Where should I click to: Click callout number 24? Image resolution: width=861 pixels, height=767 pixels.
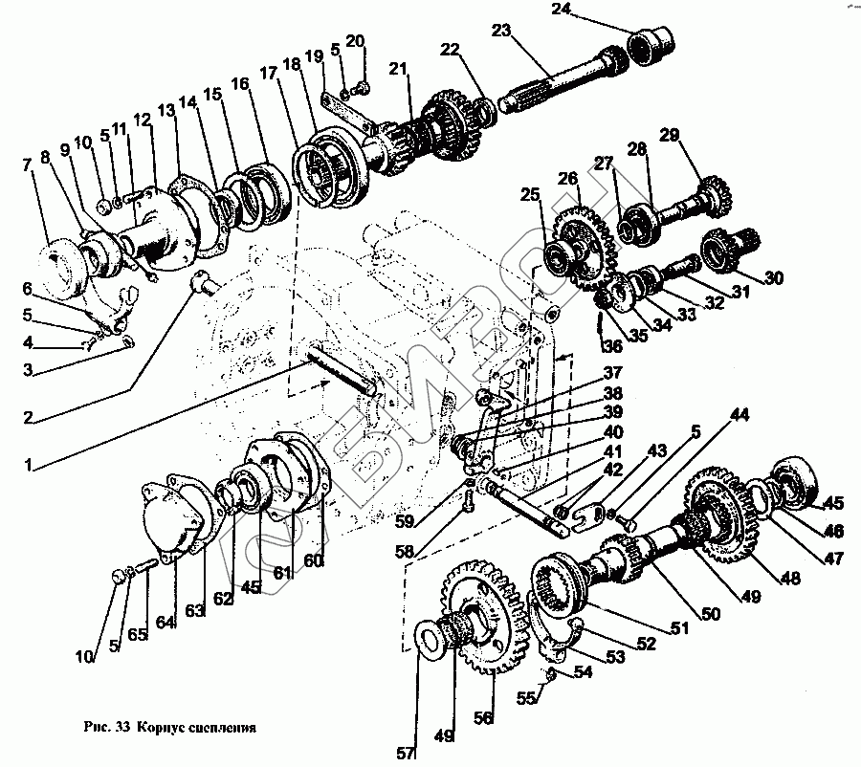562,10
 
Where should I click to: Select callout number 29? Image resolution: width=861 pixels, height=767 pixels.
670,135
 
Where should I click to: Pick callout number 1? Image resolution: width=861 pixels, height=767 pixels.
29,466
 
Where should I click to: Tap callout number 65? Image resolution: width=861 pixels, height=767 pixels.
138,635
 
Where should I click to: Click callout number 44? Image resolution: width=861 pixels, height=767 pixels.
740,414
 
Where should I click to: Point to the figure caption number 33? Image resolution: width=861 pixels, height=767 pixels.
122,728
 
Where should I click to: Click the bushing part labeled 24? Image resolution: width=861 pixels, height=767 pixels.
651,44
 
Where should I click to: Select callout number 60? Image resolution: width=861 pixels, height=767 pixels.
312,560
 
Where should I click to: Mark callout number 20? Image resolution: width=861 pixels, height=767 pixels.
355,41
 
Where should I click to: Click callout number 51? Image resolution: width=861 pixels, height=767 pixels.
679,627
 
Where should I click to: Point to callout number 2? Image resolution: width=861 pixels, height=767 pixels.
29,418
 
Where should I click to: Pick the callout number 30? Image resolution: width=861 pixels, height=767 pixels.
773,278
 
